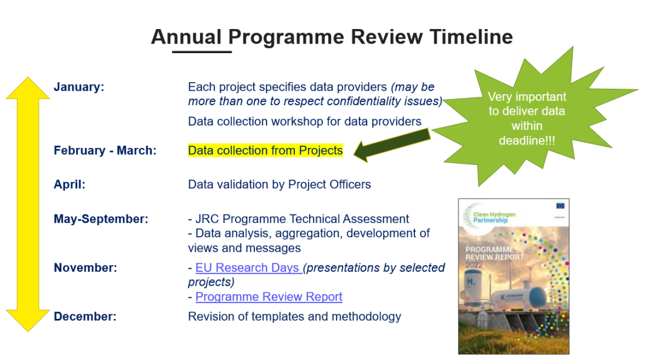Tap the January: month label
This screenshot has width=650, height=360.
[79, 87]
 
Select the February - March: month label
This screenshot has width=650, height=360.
[105, 151]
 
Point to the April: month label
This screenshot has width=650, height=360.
[69, 185]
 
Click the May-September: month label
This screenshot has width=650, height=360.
[100, 219]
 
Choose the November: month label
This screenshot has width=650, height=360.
[85, 268]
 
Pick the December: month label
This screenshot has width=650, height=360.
[85, 317]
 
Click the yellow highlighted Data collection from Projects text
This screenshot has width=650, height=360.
[265, 150]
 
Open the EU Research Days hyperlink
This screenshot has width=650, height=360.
[248, 268]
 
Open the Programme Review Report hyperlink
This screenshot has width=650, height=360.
[269, 297]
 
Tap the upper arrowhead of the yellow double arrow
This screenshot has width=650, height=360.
[28, 89]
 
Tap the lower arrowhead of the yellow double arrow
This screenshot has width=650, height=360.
[28, 319]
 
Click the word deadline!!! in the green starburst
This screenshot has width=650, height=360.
[527, 140]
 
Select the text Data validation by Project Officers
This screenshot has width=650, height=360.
[279, 185]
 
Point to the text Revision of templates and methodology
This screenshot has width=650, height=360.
[294, 317]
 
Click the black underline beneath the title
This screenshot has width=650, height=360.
[202, 52]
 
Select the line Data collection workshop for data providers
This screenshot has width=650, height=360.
[304, 121]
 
